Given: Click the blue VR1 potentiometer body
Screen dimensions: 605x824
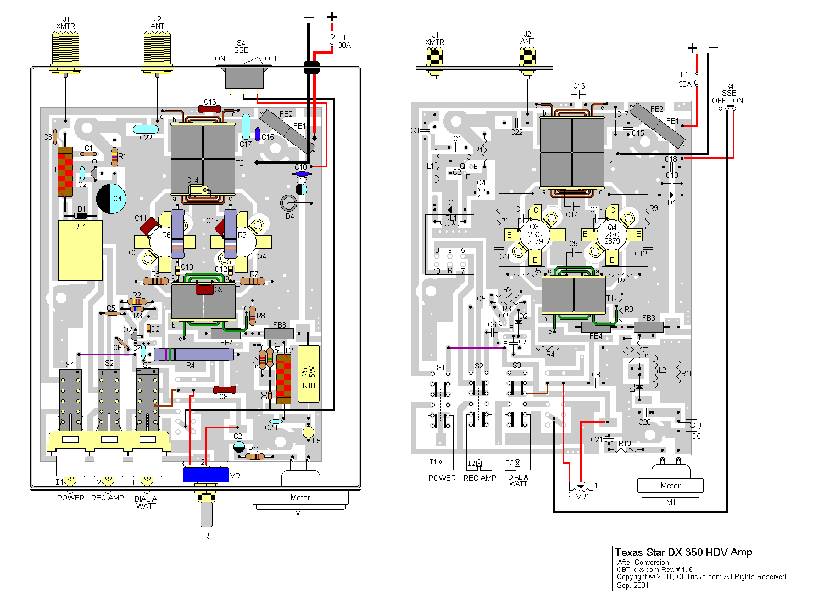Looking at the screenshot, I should [205, 475].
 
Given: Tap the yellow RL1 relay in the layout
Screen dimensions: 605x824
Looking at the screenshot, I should [80, 250].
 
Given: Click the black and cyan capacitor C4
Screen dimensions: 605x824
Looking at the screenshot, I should [111, 199].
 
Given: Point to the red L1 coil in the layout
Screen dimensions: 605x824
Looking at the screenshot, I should [65, 172].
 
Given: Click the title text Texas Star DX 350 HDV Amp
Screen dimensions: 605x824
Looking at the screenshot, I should [683, 553].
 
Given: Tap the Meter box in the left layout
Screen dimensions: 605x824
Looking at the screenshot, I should [300, 498].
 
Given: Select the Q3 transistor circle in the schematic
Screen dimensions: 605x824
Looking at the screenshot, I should [535, 234].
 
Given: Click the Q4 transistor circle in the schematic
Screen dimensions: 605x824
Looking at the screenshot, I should [612, 234].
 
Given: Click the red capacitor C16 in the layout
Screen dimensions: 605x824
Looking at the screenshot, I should [210, 109].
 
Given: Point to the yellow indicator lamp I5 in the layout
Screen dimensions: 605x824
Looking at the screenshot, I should [309, 432].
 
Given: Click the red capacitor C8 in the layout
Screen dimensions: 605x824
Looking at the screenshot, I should [224, 389].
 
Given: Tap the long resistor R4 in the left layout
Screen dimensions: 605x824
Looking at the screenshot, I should [194, 354].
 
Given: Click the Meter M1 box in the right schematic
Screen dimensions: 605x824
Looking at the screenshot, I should [670, 486].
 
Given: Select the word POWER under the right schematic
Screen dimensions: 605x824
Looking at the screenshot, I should [442, 478].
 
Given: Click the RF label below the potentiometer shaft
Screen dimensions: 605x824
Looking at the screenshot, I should [208, 536].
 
